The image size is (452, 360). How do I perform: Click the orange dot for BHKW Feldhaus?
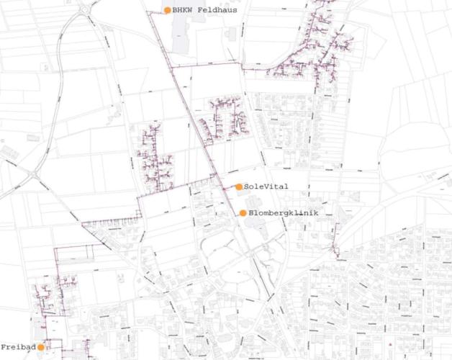pyautogui.click(x=168, y=10)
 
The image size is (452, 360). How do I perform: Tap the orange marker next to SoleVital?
pyautogui.click(x=239, y=186)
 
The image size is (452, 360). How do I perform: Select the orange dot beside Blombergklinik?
pyautogui.click(x=243, y=213)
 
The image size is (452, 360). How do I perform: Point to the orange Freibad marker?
pyautogui.click(x=42, y=347)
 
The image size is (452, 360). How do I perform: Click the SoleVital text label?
pyautogui.click(x=266, y=186)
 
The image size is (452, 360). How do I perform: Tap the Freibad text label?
pyautogui.click(x=18, y=347)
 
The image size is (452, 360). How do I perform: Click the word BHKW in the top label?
pyautogui.click(x=183, y=10)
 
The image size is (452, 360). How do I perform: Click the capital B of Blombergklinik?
pyautogui.click(x=251, y=213)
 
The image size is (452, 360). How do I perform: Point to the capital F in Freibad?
pyautogui.click(x=4, y=347)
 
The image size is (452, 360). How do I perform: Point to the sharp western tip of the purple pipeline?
pyautogui.click(x=83, y=223)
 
